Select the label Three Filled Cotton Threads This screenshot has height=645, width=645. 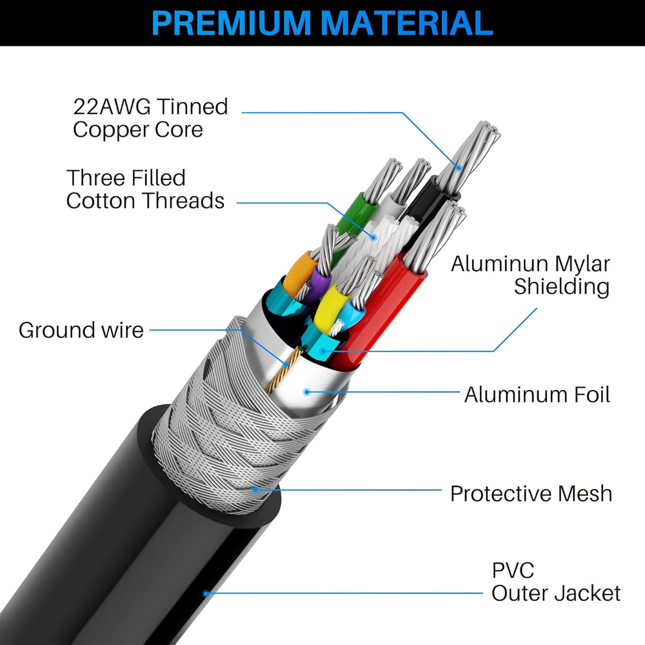point(145,188)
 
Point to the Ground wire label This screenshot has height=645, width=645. point(81,330)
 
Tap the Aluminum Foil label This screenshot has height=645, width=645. point(537,394)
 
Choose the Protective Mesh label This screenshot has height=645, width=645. point(531,493)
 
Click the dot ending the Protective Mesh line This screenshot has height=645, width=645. point(255,490)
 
